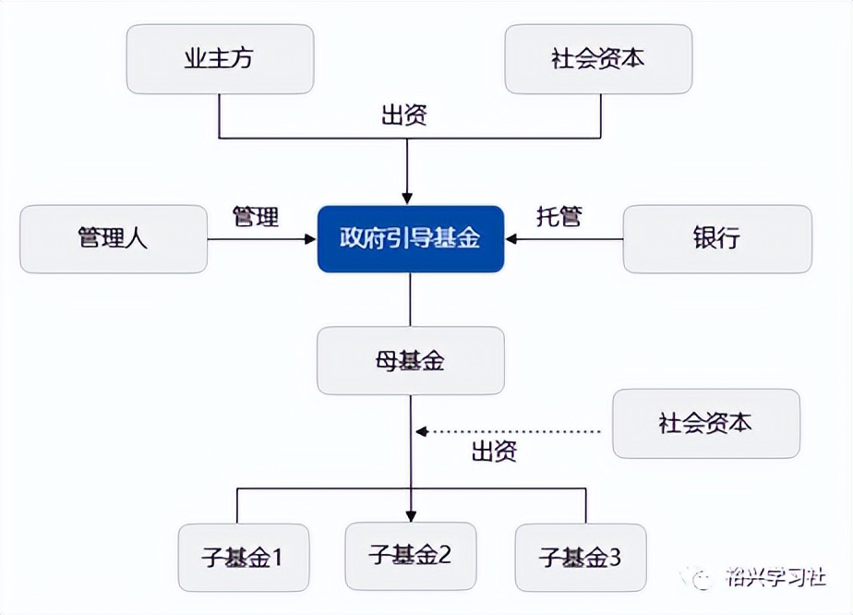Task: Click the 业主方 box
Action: tap(220, 59)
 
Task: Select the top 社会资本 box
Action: tap(598, 59)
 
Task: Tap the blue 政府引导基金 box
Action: tap(411, 238)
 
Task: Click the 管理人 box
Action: tap(114, 238)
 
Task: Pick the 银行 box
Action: tap(716, 238)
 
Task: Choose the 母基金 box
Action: tap(411, 360)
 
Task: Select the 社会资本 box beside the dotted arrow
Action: tap(706, 423)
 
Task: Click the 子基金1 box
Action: tap(243, 558)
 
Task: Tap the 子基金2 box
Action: tap(411, 555)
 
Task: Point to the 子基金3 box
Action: tap(581, 558)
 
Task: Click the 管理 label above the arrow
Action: tap(255, 217)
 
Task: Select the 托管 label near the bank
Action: tap(559, 217)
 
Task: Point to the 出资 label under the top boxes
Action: tap(404, 116)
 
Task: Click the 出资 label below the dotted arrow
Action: tap(494, 452)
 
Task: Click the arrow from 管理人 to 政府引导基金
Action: tap(262, 239)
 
